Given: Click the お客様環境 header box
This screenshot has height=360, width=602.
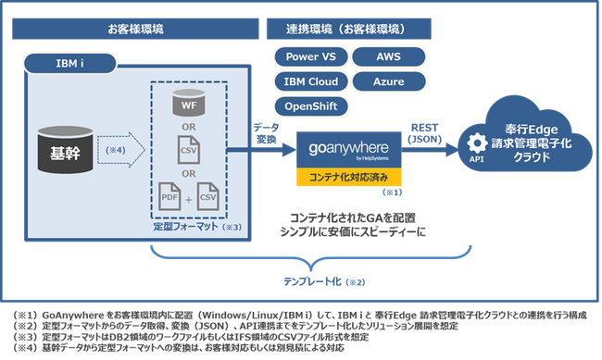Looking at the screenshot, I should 136,30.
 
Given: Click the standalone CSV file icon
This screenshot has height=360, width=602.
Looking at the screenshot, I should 189,149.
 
